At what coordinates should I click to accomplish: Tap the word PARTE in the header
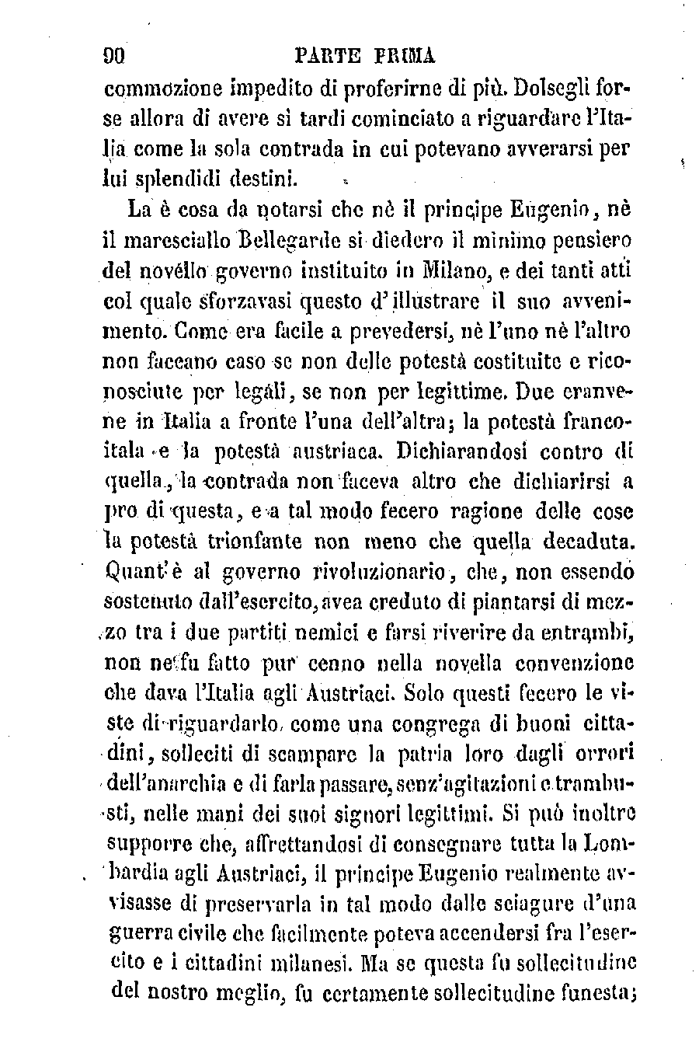click(327, 56)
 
